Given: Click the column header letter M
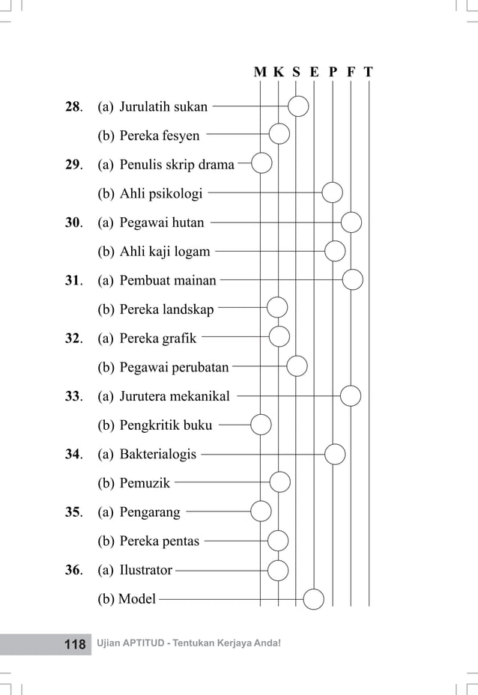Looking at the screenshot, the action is [x=260, y=73].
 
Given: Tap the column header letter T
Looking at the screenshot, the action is [x=369, y=73].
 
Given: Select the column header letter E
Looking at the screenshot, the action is [x=314, y=73].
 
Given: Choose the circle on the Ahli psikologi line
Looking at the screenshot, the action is [x=332, y=193].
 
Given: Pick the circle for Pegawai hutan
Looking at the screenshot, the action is [x=351, y=222].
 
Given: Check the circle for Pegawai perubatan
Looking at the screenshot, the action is [x=297, y=366].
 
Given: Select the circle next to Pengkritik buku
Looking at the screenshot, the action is [x=261, y=425].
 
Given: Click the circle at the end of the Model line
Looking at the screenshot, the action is [x=314, y=598].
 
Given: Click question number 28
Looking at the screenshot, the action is [x=73, y=107].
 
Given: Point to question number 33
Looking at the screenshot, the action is [x=73, y=396].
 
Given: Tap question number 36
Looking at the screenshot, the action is [x=73, y=570].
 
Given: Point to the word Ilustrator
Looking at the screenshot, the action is [x=145, y=570].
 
